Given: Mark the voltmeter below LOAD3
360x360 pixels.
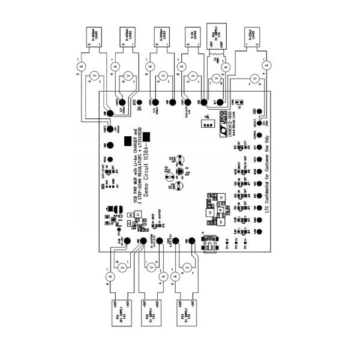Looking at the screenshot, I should click(163, 76).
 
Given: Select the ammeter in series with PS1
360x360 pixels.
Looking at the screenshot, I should click(110, 277).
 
